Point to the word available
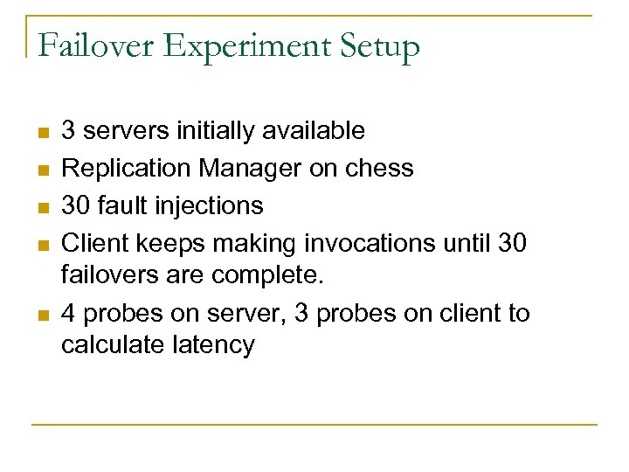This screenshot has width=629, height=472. click(x=312, y=131)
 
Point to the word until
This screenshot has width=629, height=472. click(x=463, y=242)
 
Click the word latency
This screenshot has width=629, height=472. click(x=213, y=345)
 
